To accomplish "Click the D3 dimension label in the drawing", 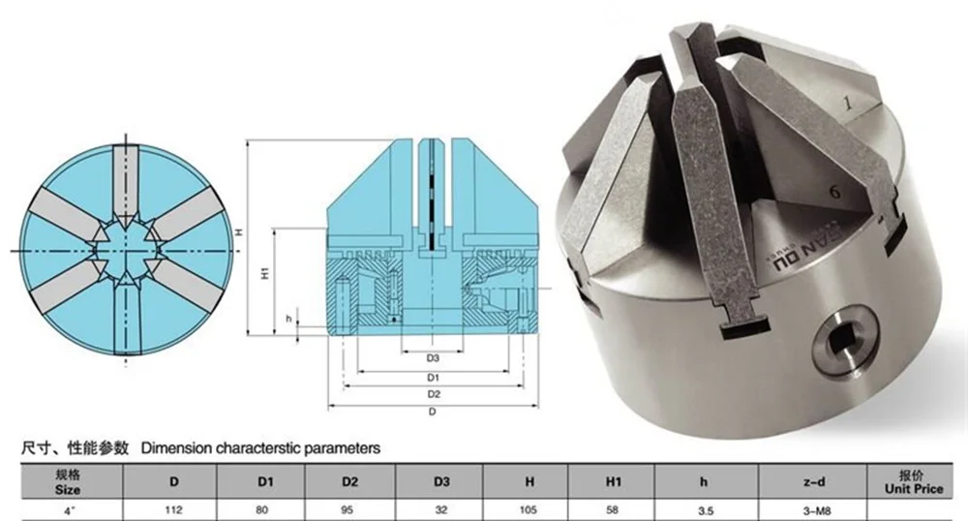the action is tap(432, 358).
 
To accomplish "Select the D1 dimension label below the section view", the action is tap(433, 377).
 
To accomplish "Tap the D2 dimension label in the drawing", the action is tap(434, 394).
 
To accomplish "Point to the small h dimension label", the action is tap(288, 319).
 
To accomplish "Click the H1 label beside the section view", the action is tap(265, 273).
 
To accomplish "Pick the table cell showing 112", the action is tap(173, 510).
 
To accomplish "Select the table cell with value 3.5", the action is tap(706, 510).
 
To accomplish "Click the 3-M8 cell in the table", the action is tap(814, 510).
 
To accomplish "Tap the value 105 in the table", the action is tap(529, 510).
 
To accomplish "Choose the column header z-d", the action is tap(814, 481).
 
